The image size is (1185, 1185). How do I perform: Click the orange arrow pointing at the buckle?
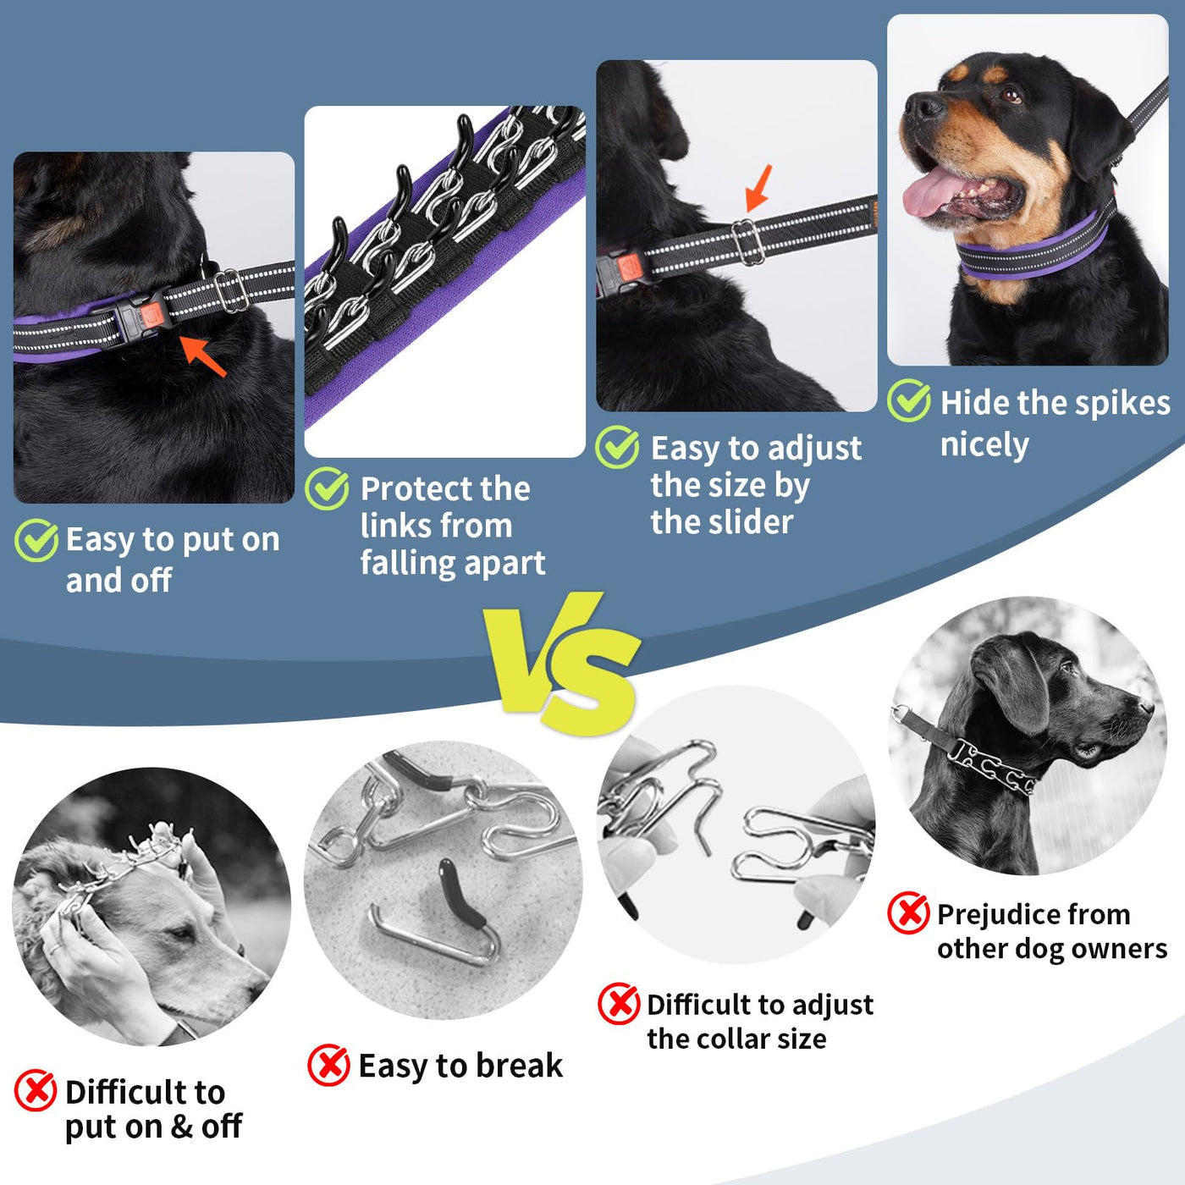coord(203,356)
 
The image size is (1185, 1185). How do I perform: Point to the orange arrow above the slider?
coord(758,188)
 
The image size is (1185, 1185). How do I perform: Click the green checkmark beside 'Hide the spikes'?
coord(908,400)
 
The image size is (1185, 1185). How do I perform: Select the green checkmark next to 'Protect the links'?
coord(327,488)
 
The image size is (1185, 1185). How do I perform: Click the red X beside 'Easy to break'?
coord(329,1065)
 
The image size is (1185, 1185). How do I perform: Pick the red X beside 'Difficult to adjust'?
coord(618,1004)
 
